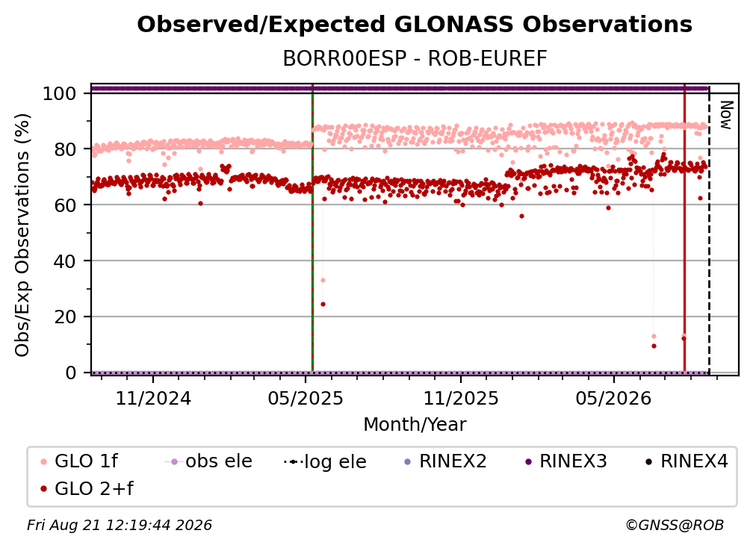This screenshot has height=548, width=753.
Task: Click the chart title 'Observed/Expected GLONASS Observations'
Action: [x=415, y=25]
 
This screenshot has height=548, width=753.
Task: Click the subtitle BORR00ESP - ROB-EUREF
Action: [x=415, y=59]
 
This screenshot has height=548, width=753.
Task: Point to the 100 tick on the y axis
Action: [x=60, y=93]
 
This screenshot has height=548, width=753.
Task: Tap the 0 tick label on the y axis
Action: [x=71, y=373]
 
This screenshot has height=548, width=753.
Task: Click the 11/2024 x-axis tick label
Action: [x=153, y=398]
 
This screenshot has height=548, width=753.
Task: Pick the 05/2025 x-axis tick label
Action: [x=306, y=398]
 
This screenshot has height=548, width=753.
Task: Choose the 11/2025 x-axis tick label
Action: [x=461, y=398]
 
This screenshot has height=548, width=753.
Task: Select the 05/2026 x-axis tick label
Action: [x=614, y=398]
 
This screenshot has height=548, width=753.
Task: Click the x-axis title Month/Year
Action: [x=415, y=425]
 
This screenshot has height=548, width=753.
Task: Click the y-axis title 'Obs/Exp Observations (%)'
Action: [x=22, y=235]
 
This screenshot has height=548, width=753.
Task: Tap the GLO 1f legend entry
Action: [x=79, y=461]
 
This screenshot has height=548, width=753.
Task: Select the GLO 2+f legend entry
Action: [x=87, y=489]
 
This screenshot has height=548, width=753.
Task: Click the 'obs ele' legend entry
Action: [x=208, y=461]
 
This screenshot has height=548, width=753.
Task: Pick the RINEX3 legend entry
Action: [x=565, y=461]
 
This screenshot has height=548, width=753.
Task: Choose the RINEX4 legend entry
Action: [x=687, y=461]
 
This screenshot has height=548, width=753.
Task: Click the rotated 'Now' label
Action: [x=726, y=115]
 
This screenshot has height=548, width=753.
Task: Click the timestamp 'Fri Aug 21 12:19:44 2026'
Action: [x=120, y=525]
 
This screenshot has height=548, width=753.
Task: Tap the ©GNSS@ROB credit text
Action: [x=675, y=525]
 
